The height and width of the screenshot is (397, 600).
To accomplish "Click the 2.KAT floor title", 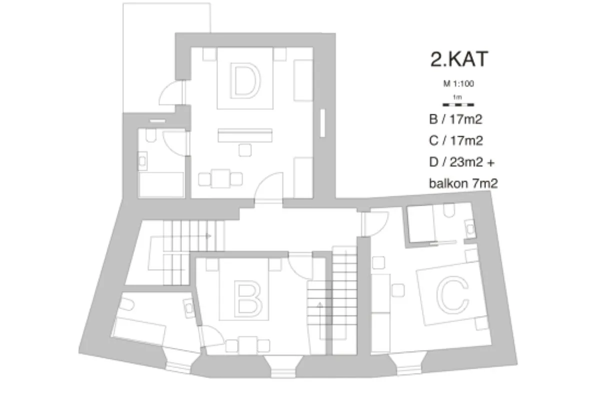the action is point(459,59).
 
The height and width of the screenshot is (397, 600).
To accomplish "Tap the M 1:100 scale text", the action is point(458,84).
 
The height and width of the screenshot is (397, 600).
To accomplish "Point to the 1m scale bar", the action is point(458,105).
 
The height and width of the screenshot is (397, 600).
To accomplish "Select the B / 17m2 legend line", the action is point(455,119).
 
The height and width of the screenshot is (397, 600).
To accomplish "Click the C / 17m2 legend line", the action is point(456,141).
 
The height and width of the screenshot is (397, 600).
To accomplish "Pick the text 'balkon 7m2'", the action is point(463,184).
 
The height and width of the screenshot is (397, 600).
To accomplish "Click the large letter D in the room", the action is point(245,80).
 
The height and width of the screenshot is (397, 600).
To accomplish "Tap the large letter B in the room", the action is point(248,297).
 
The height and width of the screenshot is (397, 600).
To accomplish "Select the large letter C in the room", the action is point(452,294).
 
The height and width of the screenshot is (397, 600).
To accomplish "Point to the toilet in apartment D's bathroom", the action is point(151,135).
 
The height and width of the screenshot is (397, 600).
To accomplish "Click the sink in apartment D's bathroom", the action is point(142,161).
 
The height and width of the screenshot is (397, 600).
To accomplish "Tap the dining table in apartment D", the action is point(220,178).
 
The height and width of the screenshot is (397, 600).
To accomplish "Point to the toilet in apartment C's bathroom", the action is point(449,210).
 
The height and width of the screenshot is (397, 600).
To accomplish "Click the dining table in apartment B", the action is point(248,345).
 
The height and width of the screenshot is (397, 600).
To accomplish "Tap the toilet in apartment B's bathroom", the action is point(126,305).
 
